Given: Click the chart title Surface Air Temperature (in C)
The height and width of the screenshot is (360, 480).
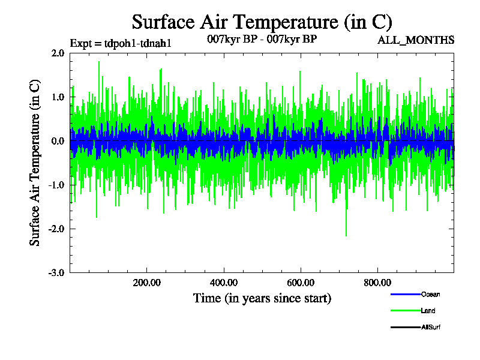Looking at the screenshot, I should click(262, 22).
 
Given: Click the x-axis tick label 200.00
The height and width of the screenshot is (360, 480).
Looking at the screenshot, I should click(146, 283).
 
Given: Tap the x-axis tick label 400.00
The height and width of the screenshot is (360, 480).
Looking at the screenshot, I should click(224, 283).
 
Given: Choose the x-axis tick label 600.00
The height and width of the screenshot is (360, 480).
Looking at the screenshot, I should click(301, 283).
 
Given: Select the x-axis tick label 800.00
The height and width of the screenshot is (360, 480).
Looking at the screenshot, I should click(377, 283).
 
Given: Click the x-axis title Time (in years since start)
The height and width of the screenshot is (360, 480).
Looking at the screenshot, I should click(262, 298).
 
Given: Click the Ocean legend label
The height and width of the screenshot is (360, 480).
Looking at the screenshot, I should click(430, 294).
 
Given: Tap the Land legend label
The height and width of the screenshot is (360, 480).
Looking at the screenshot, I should click(428, 311).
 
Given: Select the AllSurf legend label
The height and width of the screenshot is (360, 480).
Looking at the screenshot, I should click(431, 328).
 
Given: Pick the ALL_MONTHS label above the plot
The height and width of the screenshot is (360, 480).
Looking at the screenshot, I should click(415, 40).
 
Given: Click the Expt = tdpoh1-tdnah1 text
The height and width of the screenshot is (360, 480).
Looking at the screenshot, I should click(121, 43).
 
